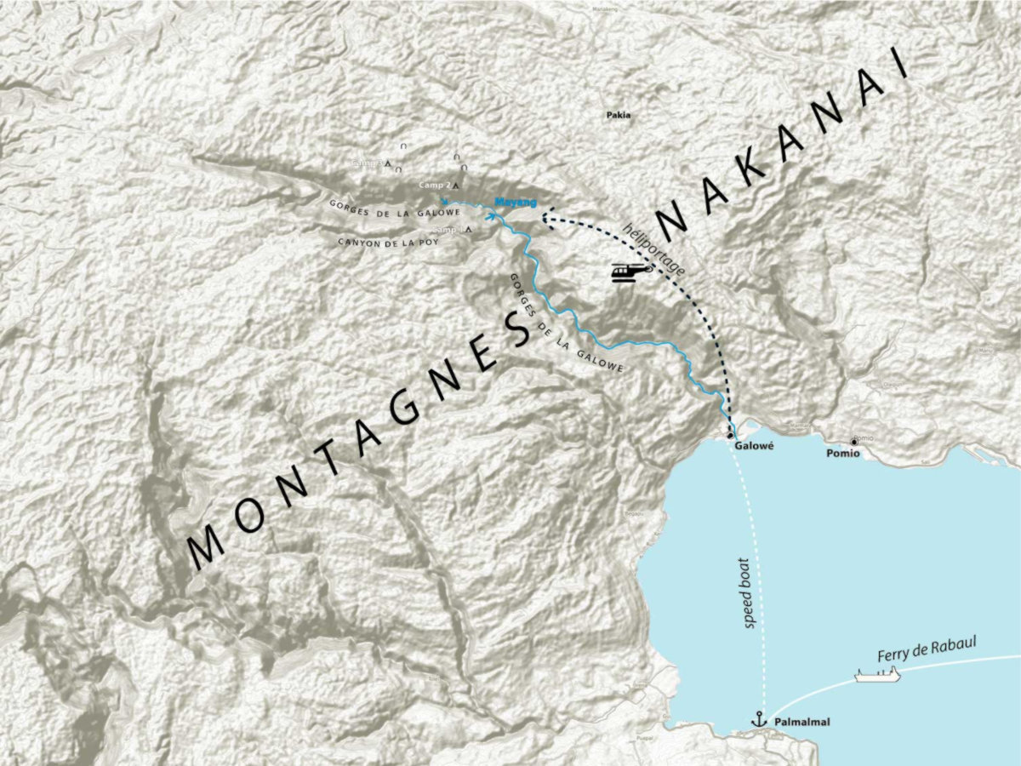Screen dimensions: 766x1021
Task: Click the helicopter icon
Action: [630, 272]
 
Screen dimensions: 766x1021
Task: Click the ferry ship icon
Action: [877, 675]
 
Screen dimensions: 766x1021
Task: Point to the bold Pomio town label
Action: [844, 454]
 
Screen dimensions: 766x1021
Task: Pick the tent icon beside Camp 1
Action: [469, 230]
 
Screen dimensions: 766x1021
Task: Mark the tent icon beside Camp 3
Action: [388, 163]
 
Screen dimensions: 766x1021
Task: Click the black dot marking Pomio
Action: [853, 442]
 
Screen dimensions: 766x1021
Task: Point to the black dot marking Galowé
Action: [730, 435]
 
